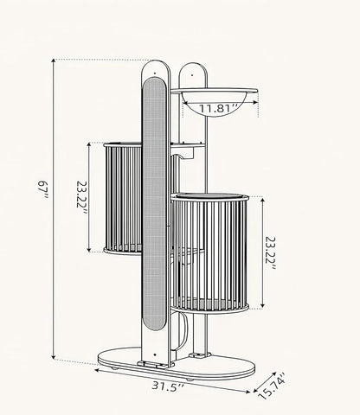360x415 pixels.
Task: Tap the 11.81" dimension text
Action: [219, 109]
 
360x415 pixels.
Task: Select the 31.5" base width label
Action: [168, 386]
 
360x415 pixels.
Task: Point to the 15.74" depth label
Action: [272, 386]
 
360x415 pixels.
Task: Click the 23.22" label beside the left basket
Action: [81, 199]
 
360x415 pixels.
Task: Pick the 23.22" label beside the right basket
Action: [270, 253]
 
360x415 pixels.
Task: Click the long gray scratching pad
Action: [155, 203]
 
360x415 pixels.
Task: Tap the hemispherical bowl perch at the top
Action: [214, 101]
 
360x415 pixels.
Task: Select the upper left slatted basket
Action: [123, 198]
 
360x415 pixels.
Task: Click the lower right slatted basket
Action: [209, 253]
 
